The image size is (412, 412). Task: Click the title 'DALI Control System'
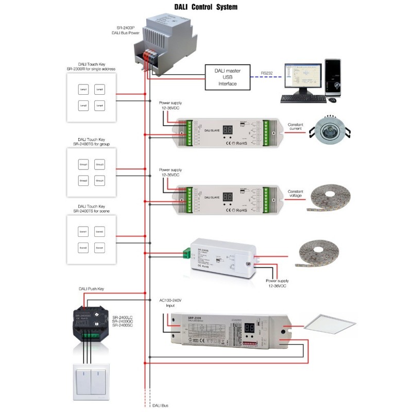pyautogui.click(x=205, y=7)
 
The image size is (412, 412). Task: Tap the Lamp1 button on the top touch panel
pyautogui.click(x=83, y=90)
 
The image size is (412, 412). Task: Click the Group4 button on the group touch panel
pyautogui.click(x=100, y=180)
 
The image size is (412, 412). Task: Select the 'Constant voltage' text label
pyautogui.click(x=296, y=194)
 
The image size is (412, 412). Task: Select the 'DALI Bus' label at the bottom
pyautogui.click(x=161, y=406)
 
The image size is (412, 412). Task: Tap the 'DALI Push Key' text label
pyautogui.click(x=91, y=290)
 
